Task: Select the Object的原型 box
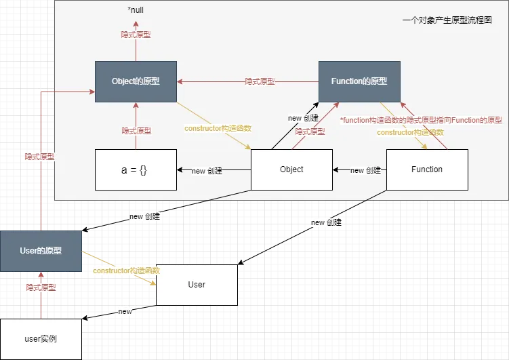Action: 136,81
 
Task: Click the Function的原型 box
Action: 359,81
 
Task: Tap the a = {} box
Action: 136,169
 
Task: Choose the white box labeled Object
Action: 291,169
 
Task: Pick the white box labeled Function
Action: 427,169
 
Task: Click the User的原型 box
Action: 41,251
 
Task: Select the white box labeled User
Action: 197,285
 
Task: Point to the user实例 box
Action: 41,338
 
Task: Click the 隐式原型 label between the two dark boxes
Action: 260,81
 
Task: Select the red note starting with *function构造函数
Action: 420,120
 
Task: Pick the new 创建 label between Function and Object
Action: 366,170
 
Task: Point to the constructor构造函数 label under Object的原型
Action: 218,128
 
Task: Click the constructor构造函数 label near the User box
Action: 126,271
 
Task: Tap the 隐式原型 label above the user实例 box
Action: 41,287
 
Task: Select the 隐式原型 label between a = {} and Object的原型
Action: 136,131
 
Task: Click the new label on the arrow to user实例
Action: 125,311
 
